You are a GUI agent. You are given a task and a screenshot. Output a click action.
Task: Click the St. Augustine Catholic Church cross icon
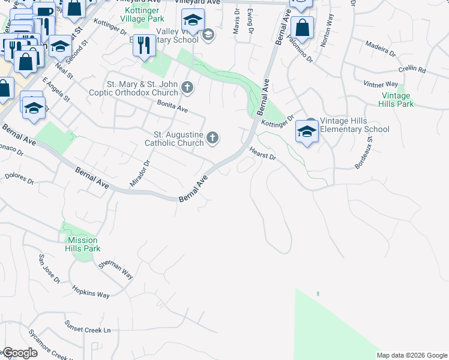[212, 139]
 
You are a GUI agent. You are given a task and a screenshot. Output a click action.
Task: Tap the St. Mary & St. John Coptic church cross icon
[187, 88]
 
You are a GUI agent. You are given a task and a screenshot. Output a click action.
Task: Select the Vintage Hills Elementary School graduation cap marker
[307, 131]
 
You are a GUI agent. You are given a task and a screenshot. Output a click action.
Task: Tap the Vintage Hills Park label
[396, 100]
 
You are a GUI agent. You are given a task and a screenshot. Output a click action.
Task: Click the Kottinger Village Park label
[142, 15]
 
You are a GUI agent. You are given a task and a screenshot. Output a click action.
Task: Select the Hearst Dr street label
[262, 154]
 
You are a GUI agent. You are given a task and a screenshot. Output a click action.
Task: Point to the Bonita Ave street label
[172, 107]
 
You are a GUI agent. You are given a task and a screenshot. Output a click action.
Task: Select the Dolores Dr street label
[17, 177]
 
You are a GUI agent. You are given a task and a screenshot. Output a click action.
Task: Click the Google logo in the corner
[20, 353]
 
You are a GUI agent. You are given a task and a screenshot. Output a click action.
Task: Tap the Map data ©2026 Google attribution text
[412, 355]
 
